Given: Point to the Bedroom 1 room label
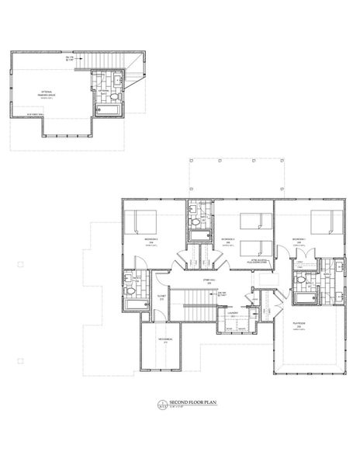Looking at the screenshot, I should pyautogui.click(x=297, y=240).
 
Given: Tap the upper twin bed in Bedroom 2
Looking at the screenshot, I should pyautogui.click(x=251, y=221).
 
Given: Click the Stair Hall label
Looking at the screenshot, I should pyautogui.click(x=208, y=281).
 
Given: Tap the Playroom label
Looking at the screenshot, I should pyautogui.click(x=298, y=327).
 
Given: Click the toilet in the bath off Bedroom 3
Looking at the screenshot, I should pyautogui.click(x=131, y=290).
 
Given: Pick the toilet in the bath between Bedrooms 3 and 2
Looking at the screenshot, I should pyautogui.click(x=192, y=222).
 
